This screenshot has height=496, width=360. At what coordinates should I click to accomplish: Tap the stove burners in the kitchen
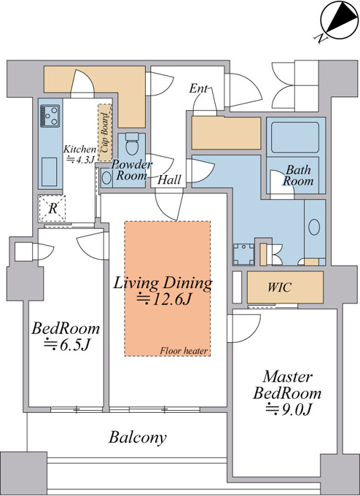pos(50,116)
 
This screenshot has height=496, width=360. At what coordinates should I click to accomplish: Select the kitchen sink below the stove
pos(50,171)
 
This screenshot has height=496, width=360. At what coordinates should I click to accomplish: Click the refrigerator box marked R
pos(52,209)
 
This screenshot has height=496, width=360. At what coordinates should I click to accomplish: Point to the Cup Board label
pos(105,132)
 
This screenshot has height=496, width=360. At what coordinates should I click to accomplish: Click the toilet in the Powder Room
pos(131,143)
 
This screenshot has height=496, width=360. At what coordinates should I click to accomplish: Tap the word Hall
pos(169,179)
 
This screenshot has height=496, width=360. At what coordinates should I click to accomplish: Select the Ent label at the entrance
pos(198,88)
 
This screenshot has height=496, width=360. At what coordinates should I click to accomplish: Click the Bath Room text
pos(298,175)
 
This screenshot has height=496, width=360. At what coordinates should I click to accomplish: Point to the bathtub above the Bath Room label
pos(295,138)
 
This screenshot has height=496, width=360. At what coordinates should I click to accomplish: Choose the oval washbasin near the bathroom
pos(314,227)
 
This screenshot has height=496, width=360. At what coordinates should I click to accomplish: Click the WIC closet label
pos(279,287)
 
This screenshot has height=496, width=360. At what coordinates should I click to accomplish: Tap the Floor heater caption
pos(184,351)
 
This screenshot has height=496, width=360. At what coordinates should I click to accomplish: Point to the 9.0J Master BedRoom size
pos(289,410)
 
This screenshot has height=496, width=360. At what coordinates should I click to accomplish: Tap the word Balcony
pos(138,438)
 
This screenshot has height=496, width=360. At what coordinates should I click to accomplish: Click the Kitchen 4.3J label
pos(79,155)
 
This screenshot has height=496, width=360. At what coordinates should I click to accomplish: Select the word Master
pos(288,377)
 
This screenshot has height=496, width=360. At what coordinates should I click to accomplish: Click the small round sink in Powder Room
pos(106,178)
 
